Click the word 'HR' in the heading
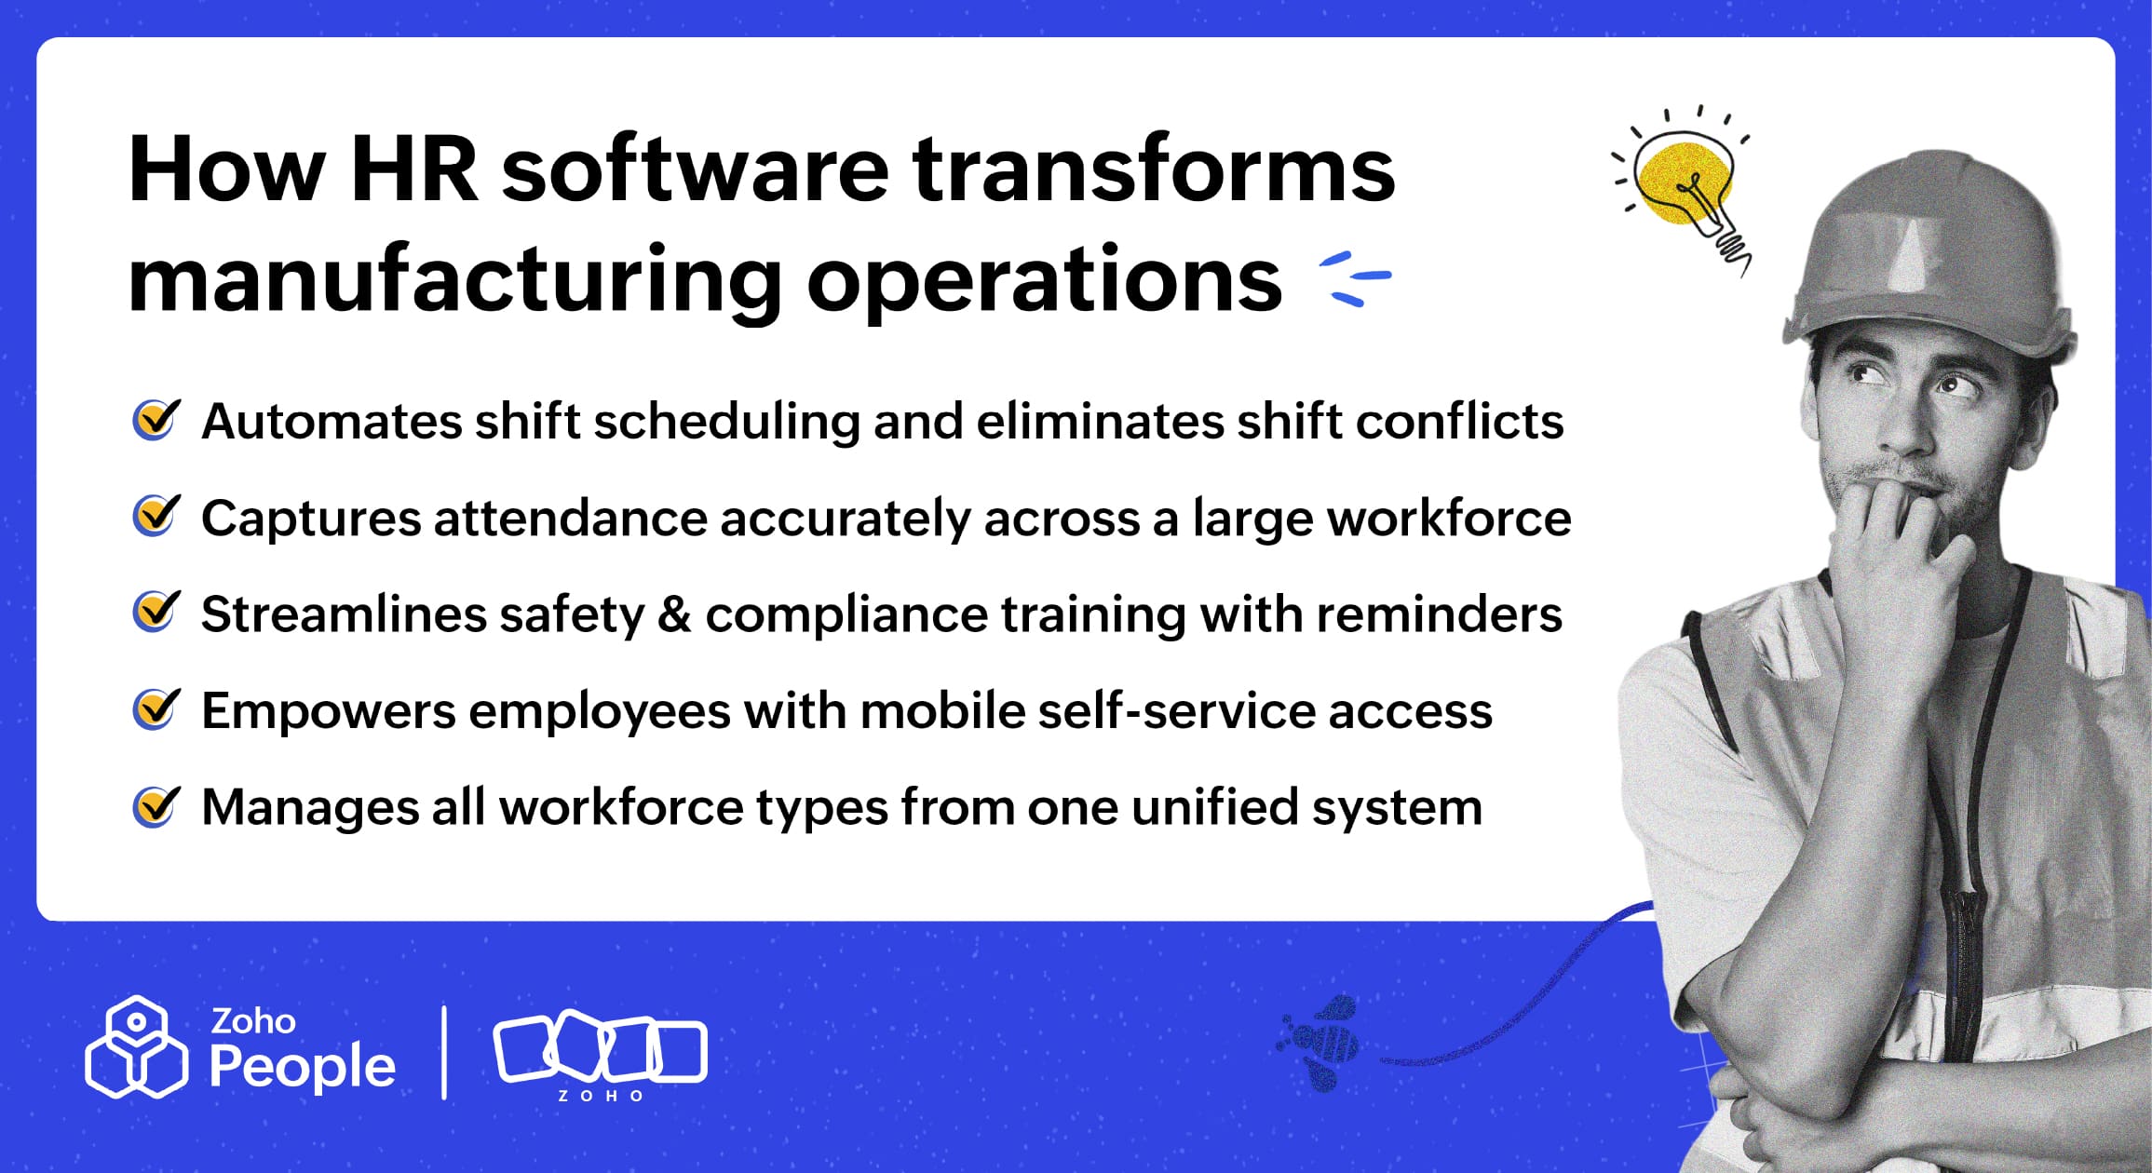[414, 169]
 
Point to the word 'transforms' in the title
[1153, 169]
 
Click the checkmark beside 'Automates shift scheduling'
[156, 420]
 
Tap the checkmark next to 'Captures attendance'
[156, 517]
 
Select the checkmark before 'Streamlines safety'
[156, 613]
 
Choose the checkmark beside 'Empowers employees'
[156, 710]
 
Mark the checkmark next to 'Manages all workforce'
[156, 806]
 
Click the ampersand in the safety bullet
[674, 614]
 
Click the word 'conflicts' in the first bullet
[1459, 421]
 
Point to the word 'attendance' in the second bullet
[570, 519]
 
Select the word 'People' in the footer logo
[303, 1067]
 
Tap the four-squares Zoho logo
[600, 1049]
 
